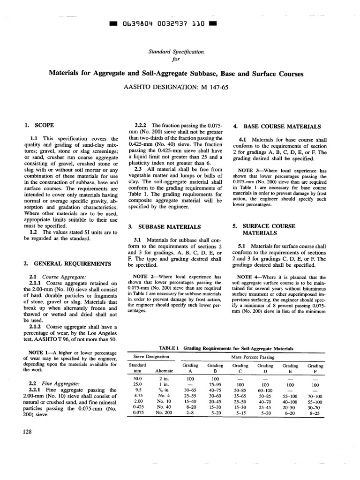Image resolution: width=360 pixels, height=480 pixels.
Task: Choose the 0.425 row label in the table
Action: pyautogui.click(x=137, y=406)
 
